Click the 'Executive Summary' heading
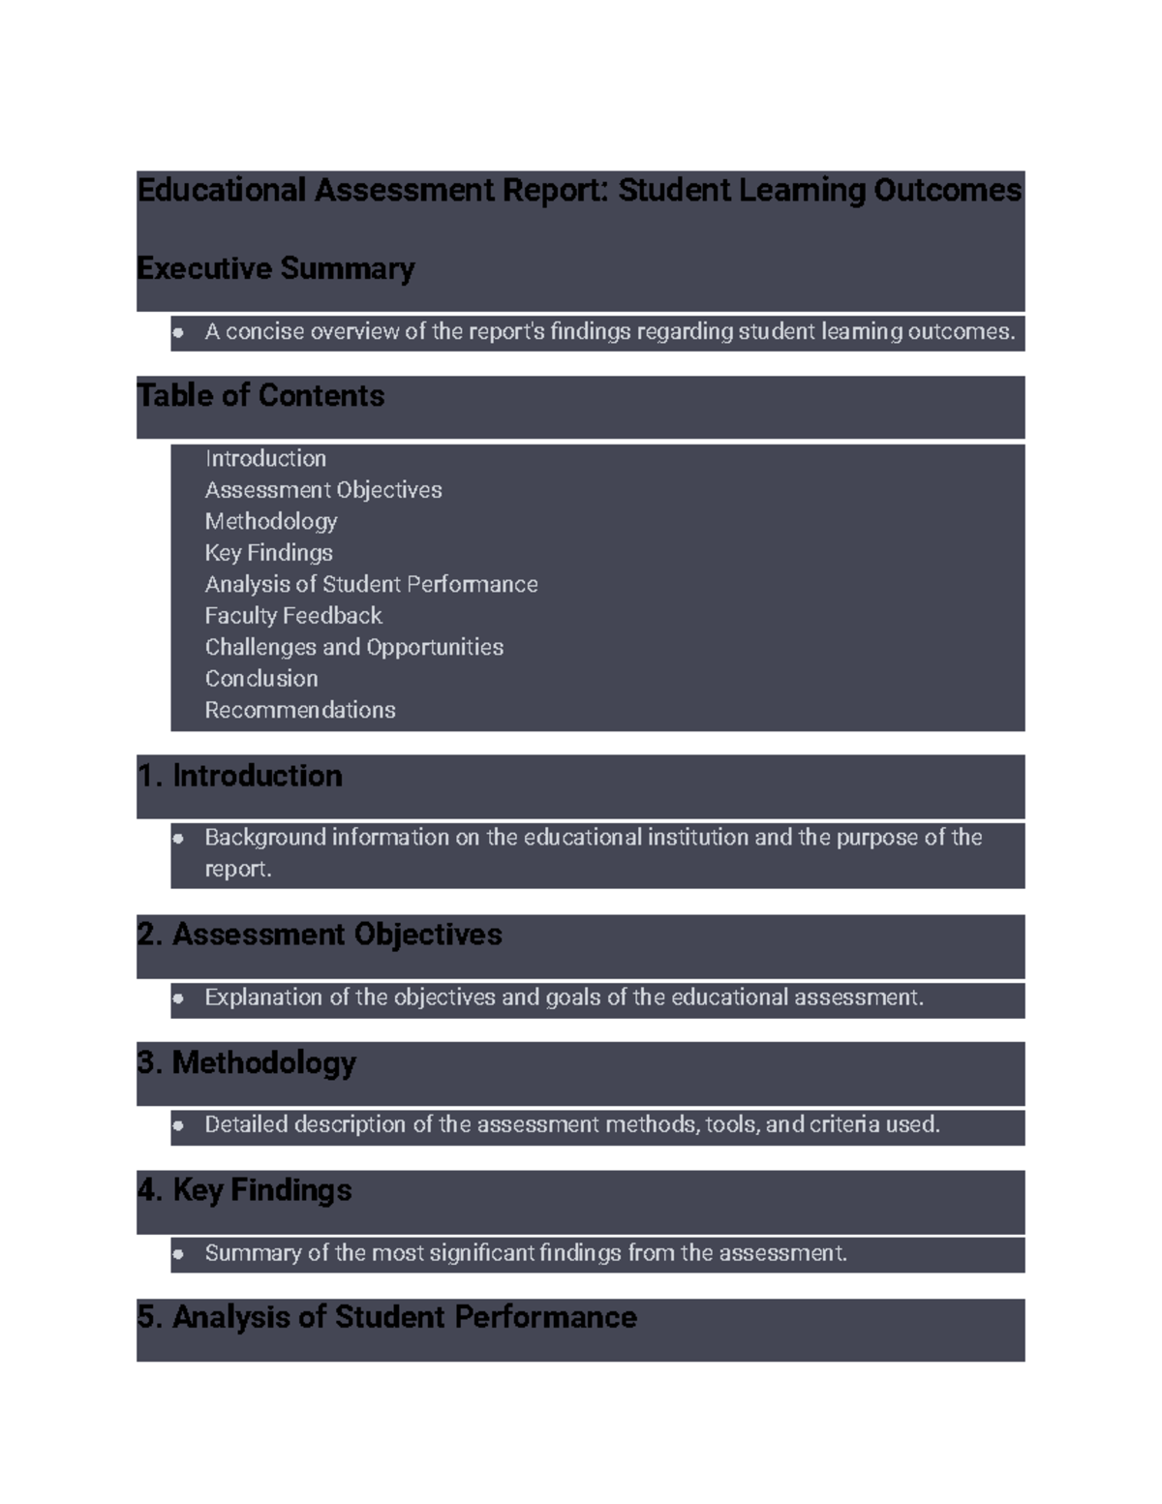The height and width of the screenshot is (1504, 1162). pyautogui.click(x=276, y=268)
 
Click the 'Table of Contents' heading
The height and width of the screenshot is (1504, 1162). pyautogui.click(x=260, y=395)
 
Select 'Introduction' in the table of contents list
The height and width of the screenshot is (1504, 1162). pyautogui.click(x=265, y=458)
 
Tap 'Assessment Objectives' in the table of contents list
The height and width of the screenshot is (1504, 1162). pyautogui.click(x=323, y=490)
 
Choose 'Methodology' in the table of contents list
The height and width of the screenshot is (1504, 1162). pyautogui.click(x=271, y=521)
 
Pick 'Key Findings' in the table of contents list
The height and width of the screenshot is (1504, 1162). pyautogui.click(x=268, y=553)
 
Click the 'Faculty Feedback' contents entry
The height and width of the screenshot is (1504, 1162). pyautogui.click(x=293, y=616)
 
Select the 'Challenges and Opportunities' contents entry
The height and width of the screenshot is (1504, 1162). pyautogui.click(x=353, y=647)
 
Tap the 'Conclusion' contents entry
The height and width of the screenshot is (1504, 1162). pyautogui.click(x=261, y=679)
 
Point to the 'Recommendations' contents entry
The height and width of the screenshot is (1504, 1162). pyautogui.click(x=300, y=710)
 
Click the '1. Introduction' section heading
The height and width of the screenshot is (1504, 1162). pyautogui.click(x=240, y=776)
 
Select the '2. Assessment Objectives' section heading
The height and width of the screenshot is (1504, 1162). pyautogui.click(x=320, y=935)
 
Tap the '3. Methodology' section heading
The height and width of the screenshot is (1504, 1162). pyautogui.click(x=247, y=1062)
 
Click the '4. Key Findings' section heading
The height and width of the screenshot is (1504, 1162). pyautogui.click(x=244, y=1190)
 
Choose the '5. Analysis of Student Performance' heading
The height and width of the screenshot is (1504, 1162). pyautogui.click(x=387, y=1317)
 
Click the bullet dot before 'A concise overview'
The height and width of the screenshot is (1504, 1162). pyautogui.click(x=178, y=332)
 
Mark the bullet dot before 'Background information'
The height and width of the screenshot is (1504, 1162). pyautogui.click(x=178, y=839)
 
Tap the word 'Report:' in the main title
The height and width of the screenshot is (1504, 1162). pyautogui.click(x=561, y=190)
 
